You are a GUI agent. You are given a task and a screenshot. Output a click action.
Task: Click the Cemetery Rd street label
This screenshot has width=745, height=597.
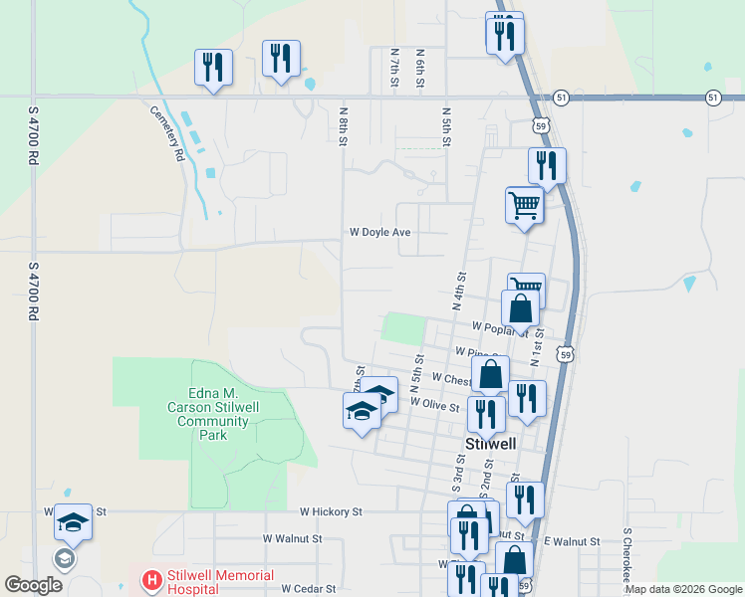[x=167, y=133]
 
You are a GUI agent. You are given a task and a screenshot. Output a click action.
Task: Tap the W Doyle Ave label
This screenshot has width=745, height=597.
[x=379, y=232]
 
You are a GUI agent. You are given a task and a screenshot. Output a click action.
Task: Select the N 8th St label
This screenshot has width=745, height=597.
[x=343, y=126]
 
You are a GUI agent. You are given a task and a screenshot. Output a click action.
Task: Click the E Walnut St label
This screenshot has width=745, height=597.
[x=572, y=541]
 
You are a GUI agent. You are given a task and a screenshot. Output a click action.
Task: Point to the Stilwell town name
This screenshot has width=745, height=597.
[x=491, y=444]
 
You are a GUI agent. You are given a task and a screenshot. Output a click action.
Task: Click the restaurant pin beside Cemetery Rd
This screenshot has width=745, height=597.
[x=213, y=68]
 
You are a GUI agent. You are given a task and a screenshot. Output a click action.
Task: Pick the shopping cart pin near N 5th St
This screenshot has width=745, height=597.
[x=524, y=206]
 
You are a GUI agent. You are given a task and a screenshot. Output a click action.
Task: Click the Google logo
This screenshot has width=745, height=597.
[x=33, y=584]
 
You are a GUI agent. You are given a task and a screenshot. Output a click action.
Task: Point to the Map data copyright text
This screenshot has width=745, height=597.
[x=682, y=589]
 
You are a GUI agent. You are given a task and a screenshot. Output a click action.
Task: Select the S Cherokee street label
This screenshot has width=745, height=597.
[x=627, y=558]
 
